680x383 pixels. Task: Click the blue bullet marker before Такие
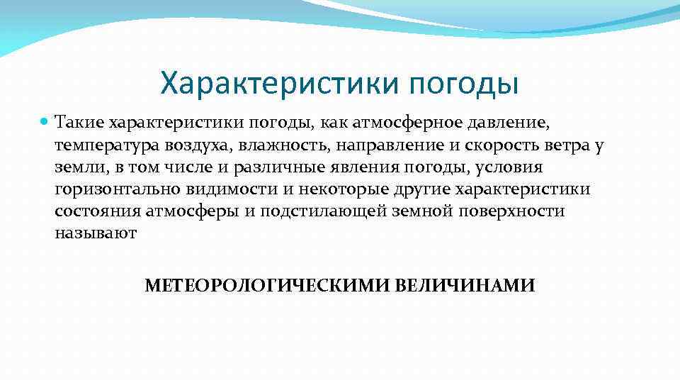click(x=45, y=123)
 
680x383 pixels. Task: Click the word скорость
click(x=495, y=145)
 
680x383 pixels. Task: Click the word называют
click(x=95, y=234)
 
